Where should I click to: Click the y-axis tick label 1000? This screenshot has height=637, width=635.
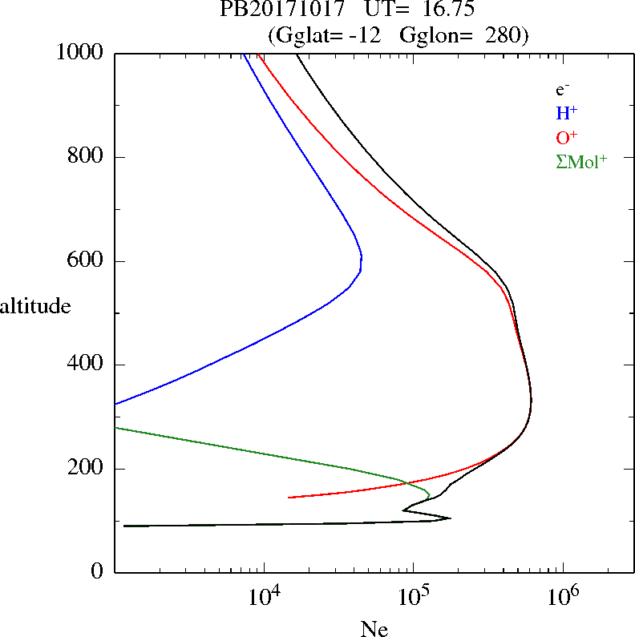[x=81, y=54]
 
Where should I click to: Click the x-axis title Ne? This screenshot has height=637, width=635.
[x=374, y=629]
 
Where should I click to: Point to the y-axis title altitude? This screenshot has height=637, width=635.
[x=35, y=306]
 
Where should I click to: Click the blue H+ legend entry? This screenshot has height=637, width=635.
[x=567, y=113]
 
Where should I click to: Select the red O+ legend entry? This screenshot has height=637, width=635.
[x=567, y=137]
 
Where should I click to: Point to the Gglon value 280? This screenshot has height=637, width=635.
[x=506, y=36]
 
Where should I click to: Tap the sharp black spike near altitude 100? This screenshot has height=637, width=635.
[x=450, y=518]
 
